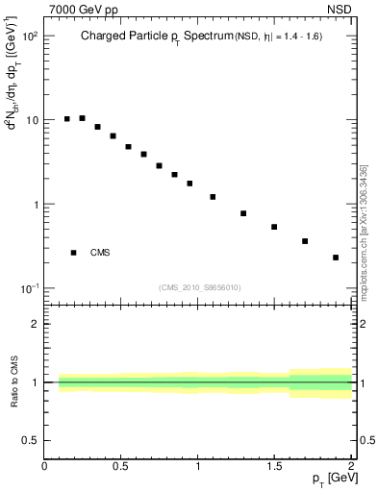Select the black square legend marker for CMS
pyautogui.click(x=73, y=253)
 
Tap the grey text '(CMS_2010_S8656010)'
pyautogui.click(x=200, y=287)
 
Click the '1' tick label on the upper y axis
pyautogui.click(x=35, y=205)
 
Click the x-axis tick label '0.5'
pyautogui.click(x=121, y=466)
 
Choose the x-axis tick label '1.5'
pyautogui.click(x=274, y=466)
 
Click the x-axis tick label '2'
pyautogui.click(x=351, y=466)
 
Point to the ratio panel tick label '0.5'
pyautogui.click(x=30, y=440)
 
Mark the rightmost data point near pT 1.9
pyautogui.click(x=336, y=258)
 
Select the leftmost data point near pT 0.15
pyautogui.click(x=67, y=119)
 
